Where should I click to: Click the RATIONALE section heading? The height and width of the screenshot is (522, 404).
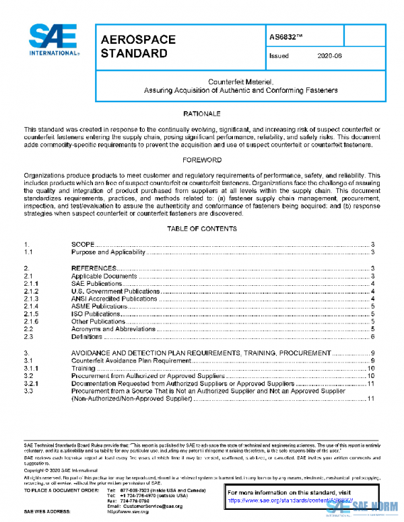pos(202,114)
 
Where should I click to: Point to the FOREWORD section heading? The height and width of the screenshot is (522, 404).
pos(202,161)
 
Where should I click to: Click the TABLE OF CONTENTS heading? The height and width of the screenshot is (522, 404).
pos(202,229)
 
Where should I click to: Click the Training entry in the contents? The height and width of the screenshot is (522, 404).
pos(83,369)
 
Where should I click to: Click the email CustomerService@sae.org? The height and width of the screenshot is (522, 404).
pos(143,505)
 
